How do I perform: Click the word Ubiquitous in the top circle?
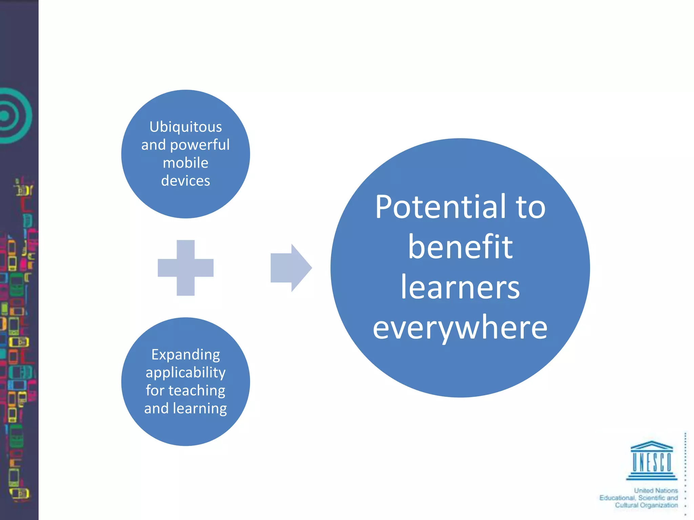click(185, 127)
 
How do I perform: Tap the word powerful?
click(200, 145)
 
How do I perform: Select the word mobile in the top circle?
click(185, 163)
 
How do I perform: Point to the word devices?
click(185, 181)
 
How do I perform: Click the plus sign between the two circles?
click(186, 268)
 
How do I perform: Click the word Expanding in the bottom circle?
click(185, 355)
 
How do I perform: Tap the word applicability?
click(185, 373)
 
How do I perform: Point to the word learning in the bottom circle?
click(200, 409)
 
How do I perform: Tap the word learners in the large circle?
click(460, 287)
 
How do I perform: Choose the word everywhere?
click(460, 328)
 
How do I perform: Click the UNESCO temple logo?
click(651, 460)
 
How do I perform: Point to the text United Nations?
click(656, 491)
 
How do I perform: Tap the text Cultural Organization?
click(646, 505)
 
